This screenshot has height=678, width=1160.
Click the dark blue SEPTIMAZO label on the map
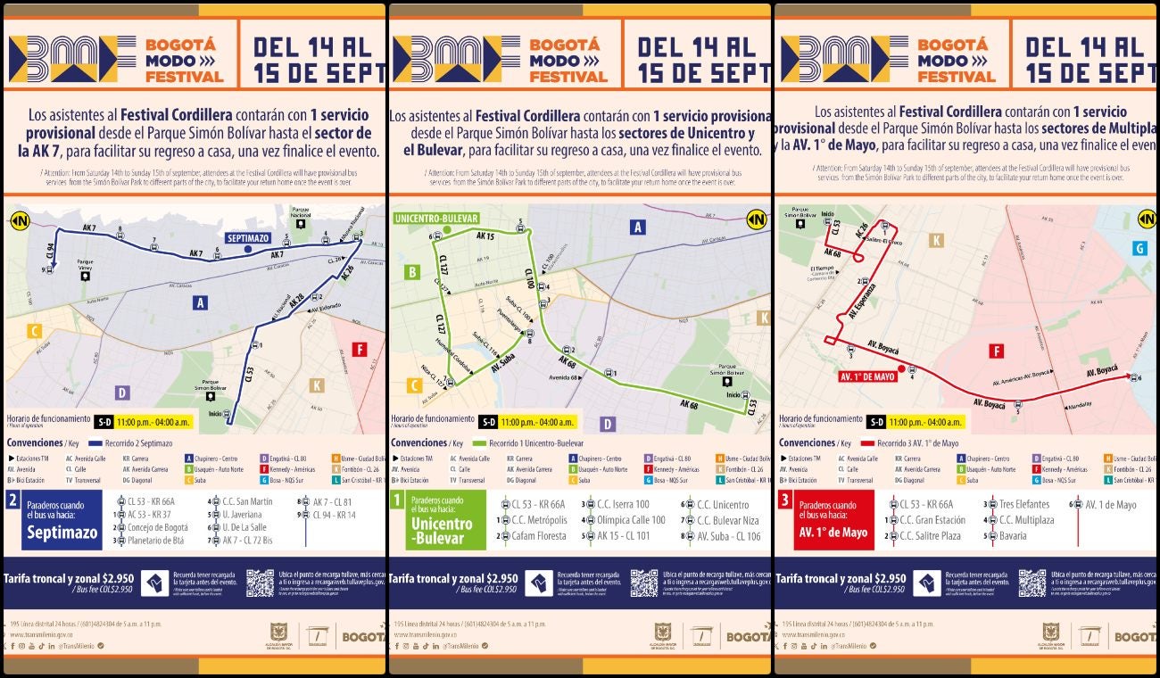[248, 238]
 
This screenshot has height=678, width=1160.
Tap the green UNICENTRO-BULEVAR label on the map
[436, 219]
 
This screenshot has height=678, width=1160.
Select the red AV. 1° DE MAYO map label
[866, 376]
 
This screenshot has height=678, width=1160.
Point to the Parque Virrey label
[85, 264]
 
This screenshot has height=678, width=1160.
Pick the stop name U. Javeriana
[243, 514]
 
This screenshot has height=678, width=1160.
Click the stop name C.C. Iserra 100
[623, 504]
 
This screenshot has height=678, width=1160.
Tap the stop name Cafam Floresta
[539, 536]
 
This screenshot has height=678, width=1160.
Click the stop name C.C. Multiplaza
[1026, 520]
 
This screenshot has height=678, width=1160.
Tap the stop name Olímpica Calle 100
[631, 520]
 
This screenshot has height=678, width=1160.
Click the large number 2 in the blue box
[12, 500]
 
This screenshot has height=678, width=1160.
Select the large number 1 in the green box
[398, 500]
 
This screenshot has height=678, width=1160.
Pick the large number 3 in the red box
[785, 500]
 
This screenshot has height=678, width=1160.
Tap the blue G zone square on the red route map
[1139, 248]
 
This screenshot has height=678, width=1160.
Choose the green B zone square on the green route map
[412, 272]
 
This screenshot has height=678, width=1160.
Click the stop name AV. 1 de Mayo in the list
[1111, 504]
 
